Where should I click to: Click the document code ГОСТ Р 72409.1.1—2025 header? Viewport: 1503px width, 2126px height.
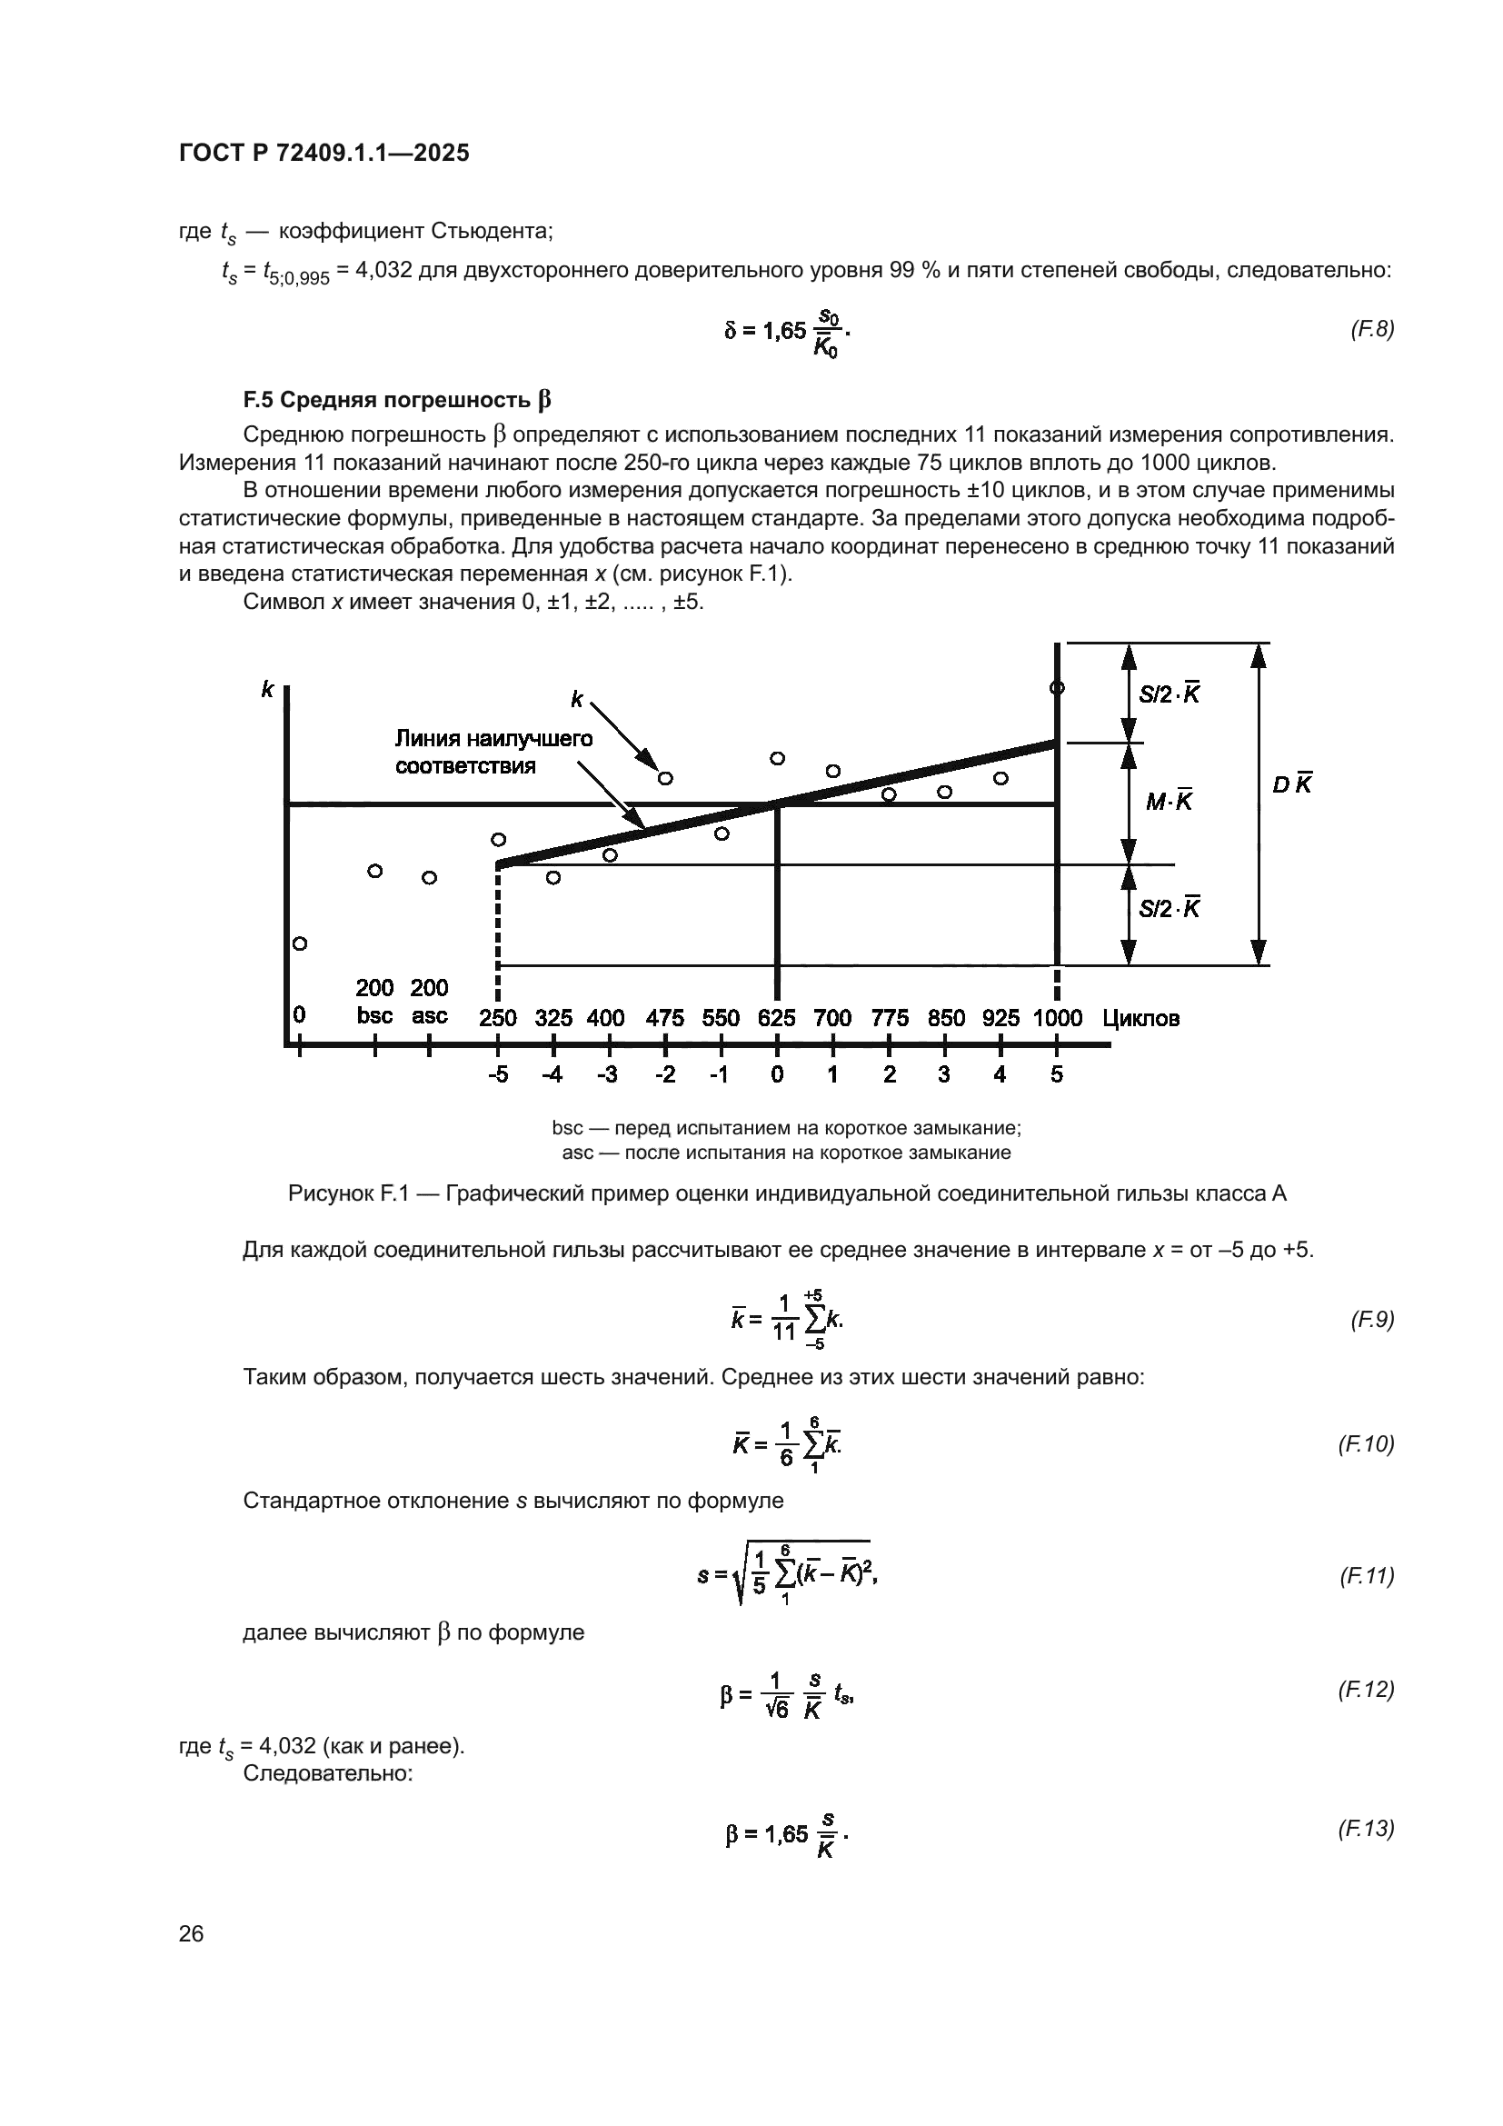(x=323, y=153)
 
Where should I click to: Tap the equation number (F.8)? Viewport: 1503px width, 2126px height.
(x=1371, y=329)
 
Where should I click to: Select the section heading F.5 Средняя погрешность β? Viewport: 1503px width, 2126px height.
(x=396, y=400)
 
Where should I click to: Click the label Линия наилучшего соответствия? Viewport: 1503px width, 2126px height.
(x=493, y=752)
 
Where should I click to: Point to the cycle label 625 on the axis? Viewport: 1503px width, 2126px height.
(x=775, y=1019)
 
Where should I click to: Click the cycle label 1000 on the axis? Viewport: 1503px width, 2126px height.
(x=1057, y=1019)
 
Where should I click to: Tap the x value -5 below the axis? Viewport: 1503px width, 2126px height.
(x=497, y=1075)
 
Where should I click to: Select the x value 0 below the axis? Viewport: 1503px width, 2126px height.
(x=776, y=1075)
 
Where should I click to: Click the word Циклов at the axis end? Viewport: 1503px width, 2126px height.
(x=1140, y=1020)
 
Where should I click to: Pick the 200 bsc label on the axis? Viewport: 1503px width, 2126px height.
(x=374, y=1002)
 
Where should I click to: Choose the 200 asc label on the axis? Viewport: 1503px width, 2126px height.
(x=430, y=1002)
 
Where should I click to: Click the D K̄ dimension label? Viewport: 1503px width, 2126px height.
(x=1292, y=785)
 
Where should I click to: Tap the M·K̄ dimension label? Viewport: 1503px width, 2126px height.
(x=1169, y=802)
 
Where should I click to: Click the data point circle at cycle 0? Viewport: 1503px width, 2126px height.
(x=299, y=943)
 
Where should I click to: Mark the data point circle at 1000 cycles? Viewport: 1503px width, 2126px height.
(x=1056, y=688)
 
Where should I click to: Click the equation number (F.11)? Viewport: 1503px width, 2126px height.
(x=1366, y=1576)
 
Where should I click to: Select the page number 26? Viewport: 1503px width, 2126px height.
(x=191, y=1934)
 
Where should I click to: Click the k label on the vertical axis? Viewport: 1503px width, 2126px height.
(x=267, y=689)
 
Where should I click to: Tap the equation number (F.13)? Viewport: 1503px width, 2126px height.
(x=1366, y=1829)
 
